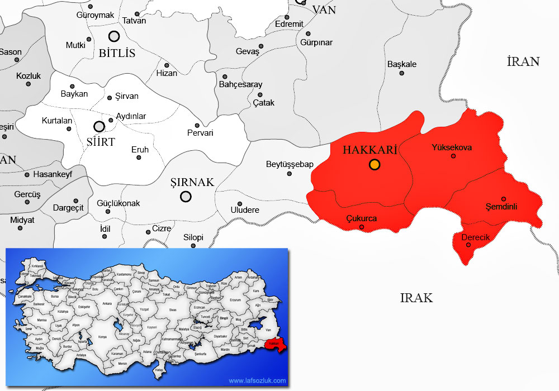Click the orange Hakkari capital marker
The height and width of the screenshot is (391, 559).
(x=375, y=164)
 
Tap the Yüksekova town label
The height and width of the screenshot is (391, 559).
(x=452, y=147)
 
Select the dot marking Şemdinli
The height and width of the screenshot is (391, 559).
(x=504, y=199)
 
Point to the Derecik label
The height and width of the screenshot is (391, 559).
(x=475, y=237)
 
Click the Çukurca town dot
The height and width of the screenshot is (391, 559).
(x=362, y=227)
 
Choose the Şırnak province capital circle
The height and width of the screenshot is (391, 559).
(x=186, y=196)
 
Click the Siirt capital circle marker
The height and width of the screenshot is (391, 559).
(x=99, y=127)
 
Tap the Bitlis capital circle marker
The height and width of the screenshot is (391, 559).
(x=114, y=36)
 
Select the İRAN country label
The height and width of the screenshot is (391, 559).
(x=523, y=61)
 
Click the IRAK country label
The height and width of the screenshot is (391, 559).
(x=416, y=297)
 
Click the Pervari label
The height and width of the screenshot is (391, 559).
(x=200, y=133)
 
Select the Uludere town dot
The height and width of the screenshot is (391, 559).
(x=240, y=204)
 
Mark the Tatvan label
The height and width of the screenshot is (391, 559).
(x=134, y=21)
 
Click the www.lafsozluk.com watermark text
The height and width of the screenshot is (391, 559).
(x=257, y=381)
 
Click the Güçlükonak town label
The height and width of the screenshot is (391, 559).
(x=119, y=203)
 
